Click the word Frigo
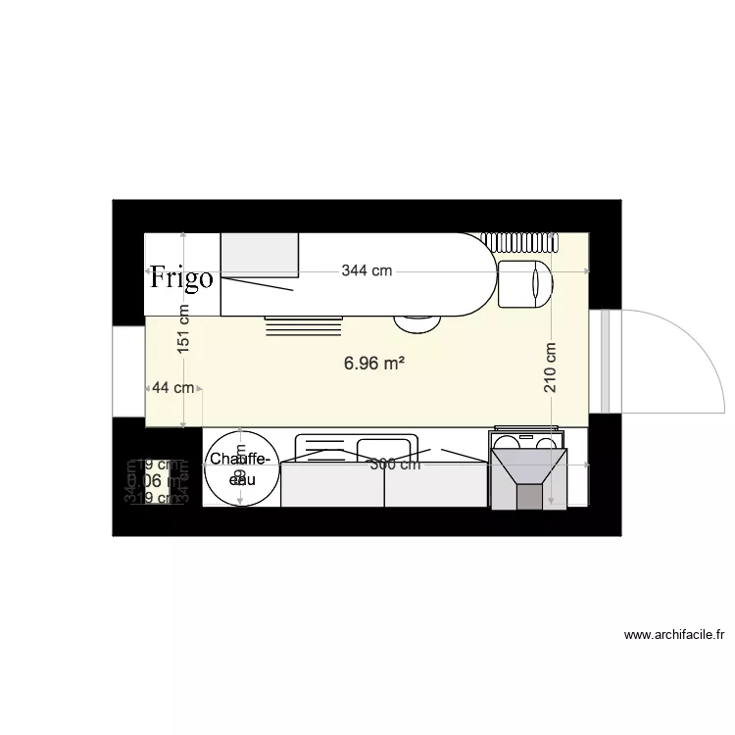coord(181,277)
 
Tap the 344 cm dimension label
coord(367,271)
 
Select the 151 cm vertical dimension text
coord(184,329)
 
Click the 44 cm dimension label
coord(171,388)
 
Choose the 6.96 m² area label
coord(374,364)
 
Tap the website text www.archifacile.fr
coord(673,635)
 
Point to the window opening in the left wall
coord(128,372)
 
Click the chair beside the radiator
coord(525,283)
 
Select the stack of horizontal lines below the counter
coord(305,325)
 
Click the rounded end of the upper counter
coord(475,274)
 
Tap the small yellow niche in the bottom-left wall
coord(155,482)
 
